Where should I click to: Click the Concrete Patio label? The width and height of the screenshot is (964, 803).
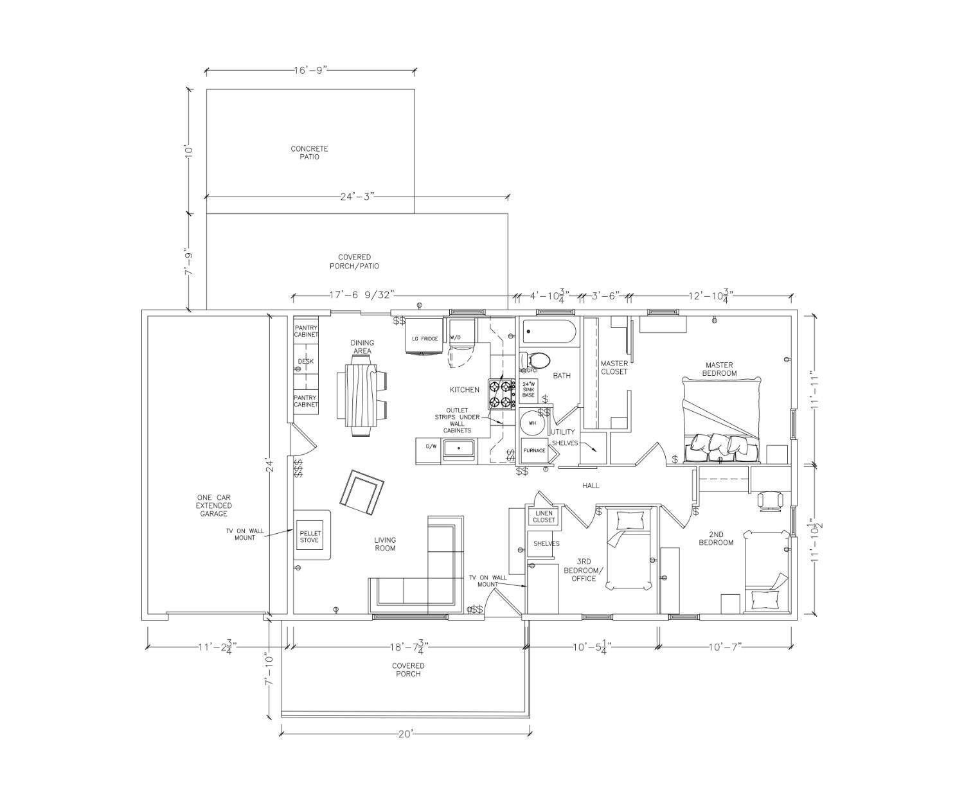(309, 153)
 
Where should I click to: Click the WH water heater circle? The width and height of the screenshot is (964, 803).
(532, 423)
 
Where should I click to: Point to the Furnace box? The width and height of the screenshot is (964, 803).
(535, 450)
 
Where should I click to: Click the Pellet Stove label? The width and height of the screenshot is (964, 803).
(309, 536)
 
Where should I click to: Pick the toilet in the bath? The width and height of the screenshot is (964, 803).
(535, 360)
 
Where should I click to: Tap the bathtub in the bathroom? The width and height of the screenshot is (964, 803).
(549, 332)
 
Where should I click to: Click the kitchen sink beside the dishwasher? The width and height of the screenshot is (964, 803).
(458, 450)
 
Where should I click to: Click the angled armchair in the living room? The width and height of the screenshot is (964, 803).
(362, 493)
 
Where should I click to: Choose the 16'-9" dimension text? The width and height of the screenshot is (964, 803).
(310, 70)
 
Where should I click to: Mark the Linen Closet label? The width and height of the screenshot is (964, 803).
(544, 516)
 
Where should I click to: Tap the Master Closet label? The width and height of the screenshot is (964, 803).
(614, 367)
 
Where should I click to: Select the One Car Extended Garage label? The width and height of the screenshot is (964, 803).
(213, 506)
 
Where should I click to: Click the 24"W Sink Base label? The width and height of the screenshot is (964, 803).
(529, 389)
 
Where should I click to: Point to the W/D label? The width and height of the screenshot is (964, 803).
(456, 338)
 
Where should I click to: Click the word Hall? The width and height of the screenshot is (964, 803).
(591, 486)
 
